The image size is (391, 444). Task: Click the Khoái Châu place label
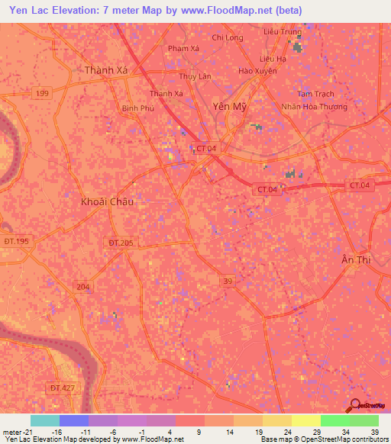click(x=107, y=202)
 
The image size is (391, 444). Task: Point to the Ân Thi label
click(x=356, y=260)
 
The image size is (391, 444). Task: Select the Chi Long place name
click(x=228, y=37)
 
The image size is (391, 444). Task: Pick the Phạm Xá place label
click(x=183, y=48)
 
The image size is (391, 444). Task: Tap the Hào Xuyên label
click(x=257, y=71)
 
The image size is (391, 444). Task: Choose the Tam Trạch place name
click(x=315, y=94)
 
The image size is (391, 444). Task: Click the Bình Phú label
click(x=138, y=108)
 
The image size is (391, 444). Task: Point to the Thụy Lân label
click(x=194, y=76)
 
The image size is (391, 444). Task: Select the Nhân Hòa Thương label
click(x=314, y=107)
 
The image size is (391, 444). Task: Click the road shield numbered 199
click(x=44, y=93)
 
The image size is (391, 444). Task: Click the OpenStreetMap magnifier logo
click(x=354, y=405)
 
